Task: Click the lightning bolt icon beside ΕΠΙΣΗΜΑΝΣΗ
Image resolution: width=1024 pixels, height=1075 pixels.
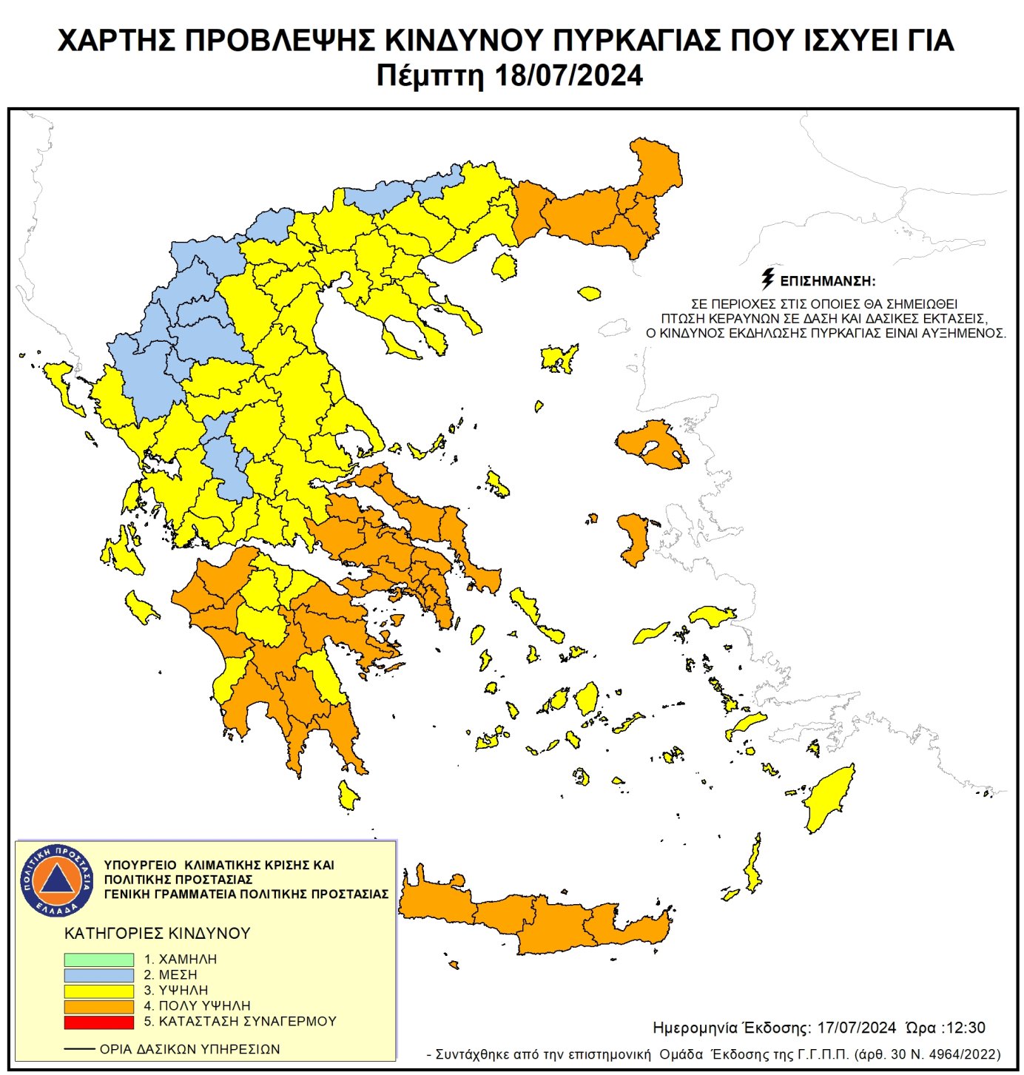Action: click(x=768, y=279)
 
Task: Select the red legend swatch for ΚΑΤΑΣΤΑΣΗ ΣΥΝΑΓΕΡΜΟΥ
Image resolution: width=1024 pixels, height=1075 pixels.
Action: click(x=98, y=1022)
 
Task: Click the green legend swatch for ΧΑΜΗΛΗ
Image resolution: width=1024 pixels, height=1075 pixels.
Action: click(x=98, y=959)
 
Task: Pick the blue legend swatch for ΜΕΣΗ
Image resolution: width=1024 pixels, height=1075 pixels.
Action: click(x=98, y=974)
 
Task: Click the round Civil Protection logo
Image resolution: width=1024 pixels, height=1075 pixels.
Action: click(x=57, y=880)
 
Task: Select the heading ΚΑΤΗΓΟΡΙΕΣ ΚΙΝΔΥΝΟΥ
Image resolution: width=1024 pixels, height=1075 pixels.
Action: click(x=158, y=934)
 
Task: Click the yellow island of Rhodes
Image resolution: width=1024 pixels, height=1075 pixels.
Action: click(x=829, y=799)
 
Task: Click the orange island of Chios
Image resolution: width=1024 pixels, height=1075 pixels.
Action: click(x=634, y=539)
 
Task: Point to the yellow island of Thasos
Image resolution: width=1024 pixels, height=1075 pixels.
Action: click(x=505, y=266)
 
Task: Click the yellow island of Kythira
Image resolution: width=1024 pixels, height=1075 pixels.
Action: click(x=347, y=795)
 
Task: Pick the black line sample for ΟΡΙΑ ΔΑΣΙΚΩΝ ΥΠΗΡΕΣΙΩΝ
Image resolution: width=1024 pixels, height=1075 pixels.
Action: click(x=79, y=1049)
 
